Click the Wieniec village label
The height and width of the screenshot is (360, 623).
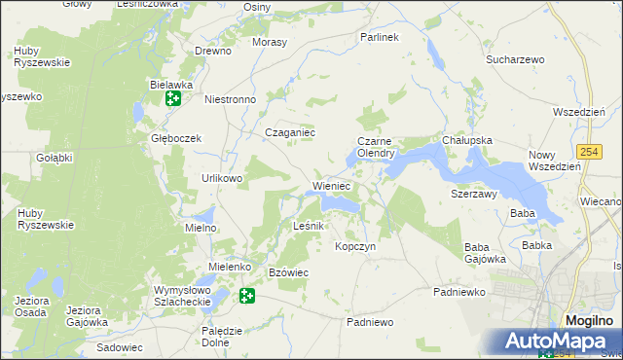click(331, 185)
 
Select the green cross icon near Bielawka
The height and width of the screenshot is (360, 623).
click(172, 98)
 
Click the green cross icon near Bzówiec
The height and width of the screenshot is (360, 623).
click(247, 295)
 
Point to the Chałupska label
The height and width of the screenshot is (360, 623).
click(466, 140)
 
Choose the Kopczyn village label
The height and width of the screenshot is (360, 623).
click(355, 246)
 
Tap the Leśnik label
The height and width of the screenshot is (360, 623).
click(314, 226)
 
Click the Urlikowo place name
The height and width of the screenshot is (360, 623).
click(222, 178)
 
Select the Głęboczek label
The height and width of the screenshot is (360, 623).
click(175, 138)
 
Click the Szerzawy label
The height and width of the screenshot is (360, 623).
click(474, 194)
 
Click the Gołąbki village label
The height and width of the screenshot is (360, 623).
click(55, 158)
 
